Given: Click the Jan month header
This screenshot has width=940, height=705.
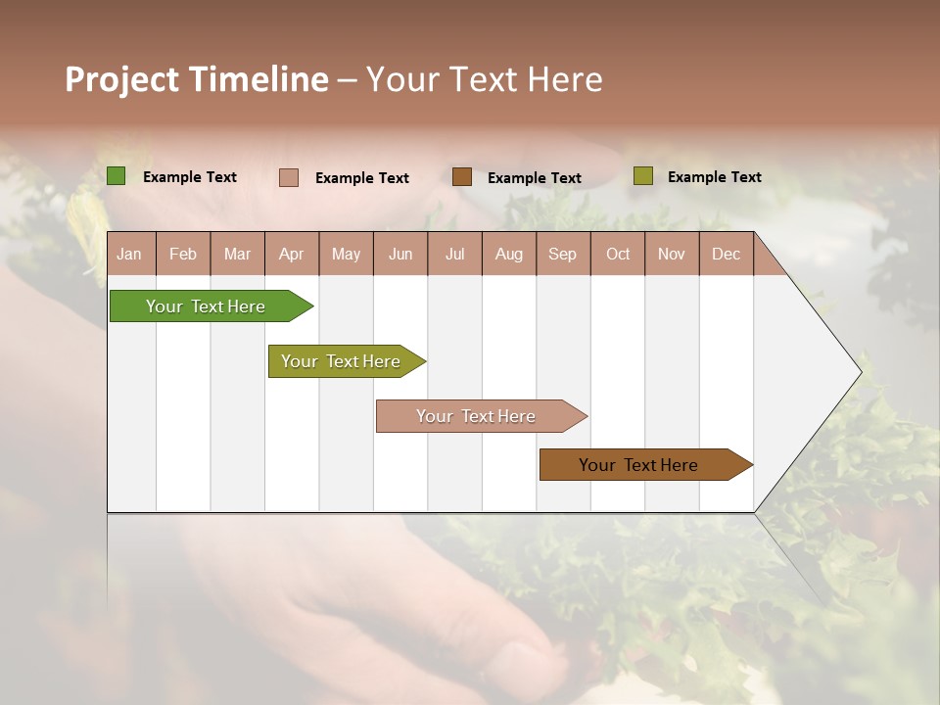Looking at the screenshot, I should (130, 254).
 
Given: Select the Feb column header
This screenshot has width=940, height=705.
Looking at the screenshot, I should (183, 254).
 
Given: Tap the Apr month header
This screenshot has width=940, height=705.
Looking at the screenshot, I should (292, 254).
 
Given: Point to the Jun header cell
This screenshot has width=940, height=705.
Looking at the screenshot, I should (400, 254).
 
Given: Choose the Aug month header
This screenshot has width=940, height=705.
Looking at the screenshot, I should (509, 254).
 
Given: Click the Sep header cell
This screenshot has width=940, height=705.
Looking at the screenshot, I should (563, 254).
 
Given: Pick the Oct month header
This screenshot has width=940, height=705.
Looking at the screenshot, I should (618, 254).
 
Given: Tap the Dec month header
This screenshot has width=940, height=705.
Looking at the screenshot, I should (727, 254).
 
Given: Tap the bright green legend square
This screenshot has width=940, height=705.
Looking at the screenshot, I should (117, 176).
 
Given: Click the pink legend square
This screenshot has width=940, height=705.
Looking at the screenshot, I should (289, 177).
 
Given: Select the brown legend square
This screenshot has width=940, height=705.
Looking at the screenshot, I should (462, 177).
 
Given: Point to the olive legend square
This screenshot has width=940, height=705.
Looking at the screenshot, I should (642, 176).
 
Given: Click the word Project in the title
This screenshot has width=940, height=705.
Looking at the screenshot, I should (122, 79).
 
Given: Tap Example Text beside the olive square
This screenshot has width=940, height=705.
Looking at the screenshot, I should (714, 177).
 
